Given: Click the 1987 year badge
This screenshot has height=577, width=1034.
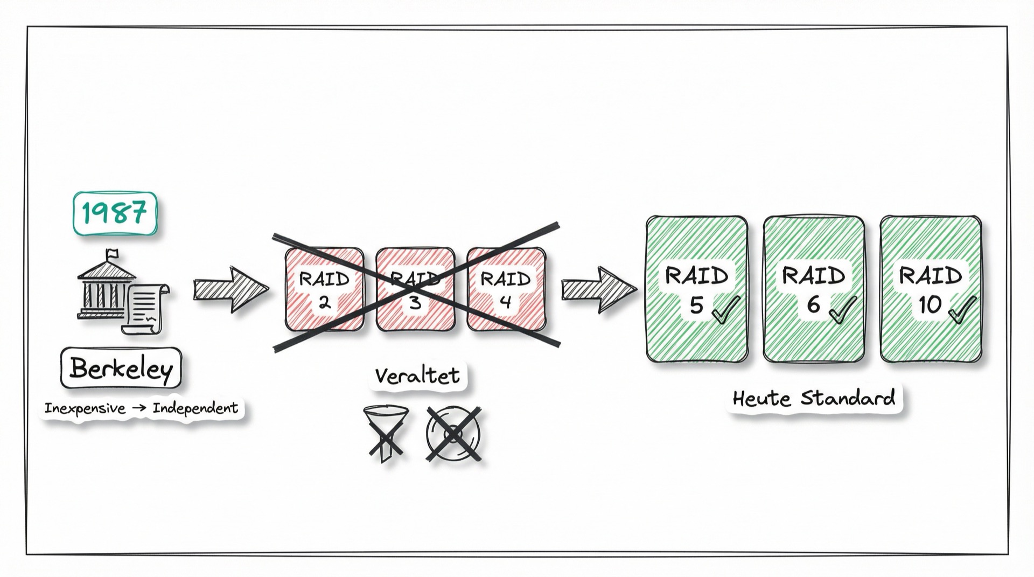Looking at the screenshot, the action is (x=115, y=213).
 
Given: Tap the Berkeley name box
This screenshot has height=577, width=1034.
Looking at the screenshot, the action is (x=121, y=368).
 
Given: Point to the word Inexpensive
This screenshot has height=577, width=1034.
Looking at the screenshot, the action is (x=85, y=408).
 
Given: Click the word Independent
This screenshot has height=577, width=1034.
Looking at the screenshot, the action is (x=195, y=408).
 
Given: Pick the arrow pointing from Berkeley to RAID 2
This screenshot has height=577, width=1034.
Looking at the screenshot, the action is (x=231, y=289).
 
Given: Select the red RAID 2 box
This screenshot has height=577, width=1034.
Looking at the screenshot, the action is (x=324, y=289).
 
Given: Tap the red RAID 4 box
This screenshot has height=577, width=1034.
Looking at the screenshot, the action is (x=506, y=289).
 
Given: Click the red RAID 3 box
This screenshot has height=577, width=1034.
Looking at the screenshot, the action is (x=415, y=289).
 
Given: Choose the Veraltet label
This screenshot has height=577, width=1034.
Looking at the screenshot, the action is (x=417, y=376).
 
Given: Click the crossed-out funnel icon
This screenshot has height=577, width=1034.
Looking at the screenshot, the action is (x=386, y=434).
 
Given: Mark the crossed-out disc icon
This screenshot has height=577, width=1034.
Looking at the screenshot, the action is (x=453, y=434).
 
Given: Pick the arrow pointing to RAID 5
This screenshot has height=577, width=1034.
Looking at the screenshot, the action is (x=599, y=289).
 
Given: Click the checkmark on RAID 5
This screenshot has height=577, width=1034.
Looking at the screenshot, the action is (x=726, y=309).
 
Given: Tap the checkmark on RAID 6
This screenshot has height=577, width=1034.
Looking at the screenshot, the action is (x=843, y=309).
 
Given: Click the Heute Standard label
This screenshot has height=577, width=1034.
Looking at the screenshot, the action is (x=814, y=399).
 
